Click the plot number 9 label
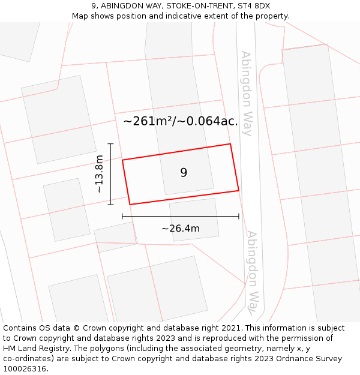pos(184,173)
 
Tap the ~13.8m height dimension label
pos(100,174)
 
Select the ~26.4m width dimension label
pos(181,228)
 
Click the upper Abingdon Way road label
pos(247,93)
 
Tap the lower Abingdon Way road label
pos(255,272)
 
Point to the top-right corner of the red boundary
pos(230,144)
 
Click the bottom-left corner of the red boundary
pos(130,205)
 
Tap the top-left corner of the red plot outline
pos(122,160)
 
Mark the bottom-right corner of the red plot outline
pos(239,191)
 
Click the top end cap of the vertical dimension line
pos(110,144)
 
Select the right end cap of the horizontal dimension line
pos(239,216)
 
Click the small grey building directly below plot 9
pos(194,220)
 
